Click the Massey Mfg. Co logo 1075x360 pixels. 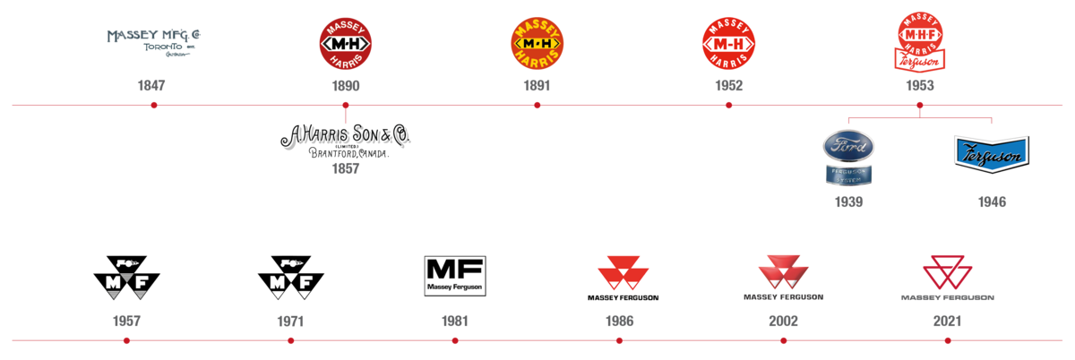(154, 39)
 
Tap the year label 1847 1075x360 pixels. (151, 87)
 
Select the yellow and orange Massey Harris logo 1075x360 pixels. (537, 43)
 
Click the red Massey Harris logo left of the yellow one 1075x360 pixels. (345, 43)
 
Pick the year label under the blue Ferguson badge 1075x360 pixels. (992, 202)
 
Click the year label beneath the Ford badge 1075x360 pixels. (848, 202)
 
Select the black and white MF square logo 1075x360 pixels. (454, 276)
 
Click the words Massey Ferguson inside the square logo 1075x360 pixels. (454, 288)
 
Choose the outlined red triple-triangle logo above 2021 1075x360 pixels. (947, 270)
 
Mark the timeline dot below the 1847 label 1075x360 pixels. (154, 105)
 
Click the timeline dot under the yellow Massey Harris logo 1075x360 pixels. (537, 105)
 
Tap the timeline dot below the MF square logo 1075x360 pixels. (454, 341)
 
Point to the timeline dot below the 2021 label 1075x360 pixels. (947, 341)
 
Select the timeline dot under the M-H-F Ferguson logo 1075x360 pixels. (920, 105)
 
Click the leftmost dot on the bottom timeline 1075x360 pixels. (126, 341)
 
